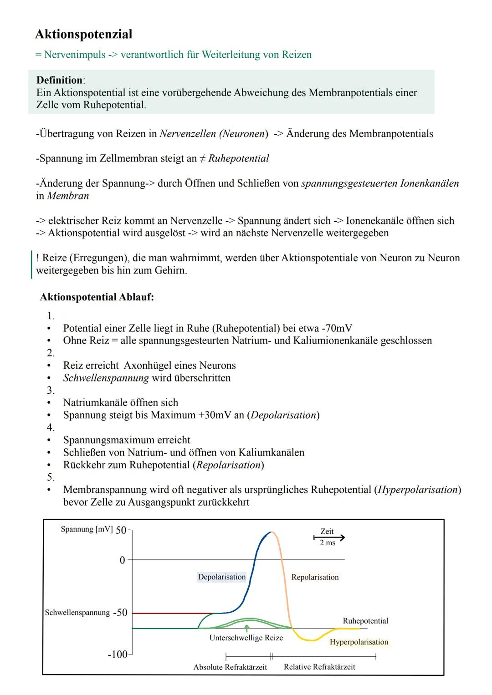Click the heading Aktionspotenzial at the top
point(84,34)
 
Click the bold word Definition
point(60,80)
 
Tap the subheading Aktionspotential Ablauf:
point(97,297)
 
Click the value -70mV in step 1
point(336,328)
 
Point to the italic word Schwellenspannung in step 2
point(106,378)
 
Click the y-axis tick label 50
point(121,530)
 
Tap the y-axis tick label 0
point(122,560)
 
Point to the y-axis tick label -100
point(117,654)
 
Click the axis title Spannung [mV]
point(87,529)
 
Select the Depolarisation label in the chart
point(221,577)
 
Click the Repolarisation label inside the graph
point(315,577)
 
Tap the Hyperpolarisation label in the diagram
point(359,642)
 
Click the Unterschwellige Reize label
point(246,638)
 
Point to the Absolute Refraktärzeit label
point(230,667)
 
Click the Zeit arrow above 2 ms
point(329,538)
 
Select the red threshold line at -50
point(173,613)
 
